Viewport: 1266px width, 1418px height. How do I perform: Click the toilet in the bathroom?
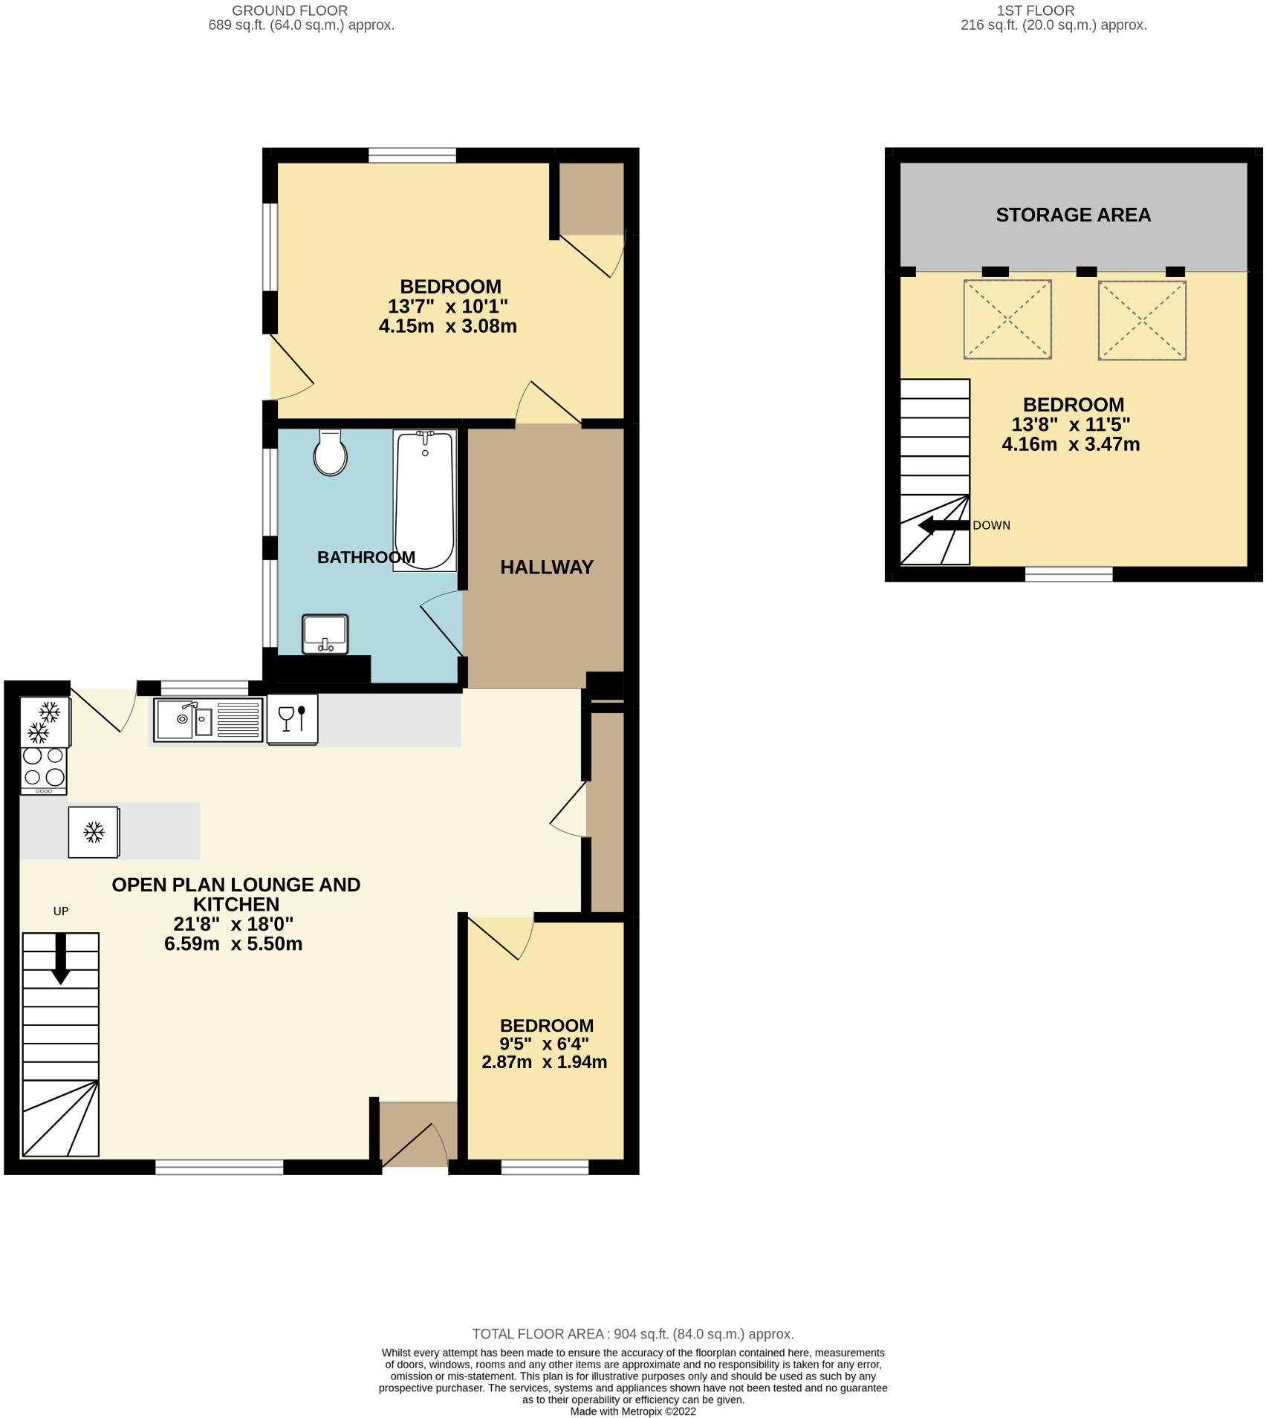[331, 453]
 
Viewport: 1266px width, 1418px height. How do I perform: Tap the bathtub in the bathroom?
[424, 499]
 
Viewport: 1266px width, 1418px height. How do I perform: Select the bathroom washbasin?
[325, 634]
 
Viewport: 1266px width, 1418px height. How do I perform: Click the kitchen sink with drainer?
[208, 719]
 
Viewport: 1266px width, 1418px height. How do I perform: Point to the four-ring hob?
[44, 767]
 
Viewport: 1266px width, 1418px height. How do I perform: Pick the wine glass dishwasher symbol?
[292, 719]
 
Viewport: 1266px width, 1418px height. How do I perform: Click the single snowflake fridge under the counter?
[94, 832]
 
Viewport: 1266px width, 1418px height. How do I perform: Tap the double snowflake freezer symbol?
[45, 723]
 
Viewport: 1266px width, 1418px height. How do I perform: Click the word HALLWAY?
[546, 567]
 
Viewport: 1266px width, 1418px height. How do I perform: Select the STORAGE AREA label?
[1073, 215]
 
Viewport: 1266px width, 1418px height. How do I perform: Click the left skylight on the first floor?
[1007, 319]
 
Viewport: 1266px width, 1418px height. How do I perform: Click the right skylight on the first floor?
[1141, 319]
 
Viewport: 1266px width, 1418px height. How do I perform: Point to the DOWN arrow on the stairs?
[944, 526]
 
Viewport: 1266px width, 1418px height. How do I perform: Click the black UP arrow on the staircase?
[60, 958]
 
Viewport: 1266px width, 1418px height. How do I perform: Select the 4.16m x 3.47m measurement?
[1070, 445]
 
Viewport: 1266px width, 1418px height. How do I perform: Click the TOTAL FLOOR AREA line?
[633, 1334]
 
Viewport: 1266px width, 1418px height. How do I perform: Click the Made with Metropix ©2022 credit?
[633, 1411]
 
